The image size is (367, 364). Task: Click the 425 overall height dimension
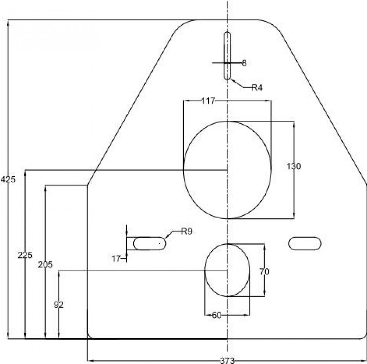[x=7, y=180]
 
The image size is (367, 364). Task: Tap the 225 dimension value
[x=25, y=255]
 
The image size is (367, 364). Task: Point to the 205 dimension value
[x=45, y=264]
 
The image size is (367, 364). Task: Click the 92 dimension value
[x=59, y=305]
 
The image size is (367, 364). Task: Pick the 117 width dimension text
[x=208, y=100]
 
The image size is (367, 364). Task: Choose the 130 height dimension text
[x=294, y=166]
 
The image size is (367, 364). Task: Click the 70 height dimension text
[x=264, y=272]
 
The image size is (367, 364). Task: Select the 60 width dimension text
[x=217, y=315]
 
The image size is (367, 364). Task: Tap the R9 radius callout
[x=186, y=231]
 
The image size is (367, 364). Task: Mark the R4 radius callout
[x=257, y=87]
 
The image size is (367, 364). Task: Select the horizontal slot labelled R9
[x=149, y=243]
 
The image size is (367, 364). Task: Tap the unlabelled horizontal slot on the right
[x=305, y=243]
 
